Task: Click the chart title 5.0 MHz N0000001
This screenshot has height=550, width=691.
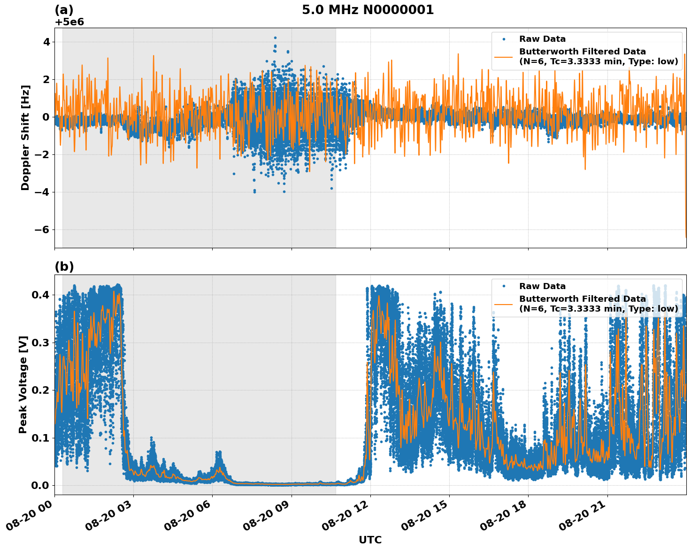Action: click(x=368, y=10)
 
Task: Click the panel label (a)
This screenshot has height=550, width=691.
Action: click(x=64, y=10)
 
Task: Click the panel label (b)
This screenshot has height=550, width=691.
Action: click(x=64, y=267)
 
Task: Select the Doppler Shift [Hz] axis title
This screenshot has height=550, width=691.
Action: click(x=25, y=137)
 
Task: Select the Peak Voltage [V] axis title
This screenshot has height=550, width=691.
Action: click(x=23, y=384)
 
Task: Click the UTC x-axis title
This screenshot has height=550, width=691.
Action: click(x=370, y=540)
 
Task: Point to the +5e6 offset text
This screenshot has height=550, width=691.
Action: click(x=69, y=22)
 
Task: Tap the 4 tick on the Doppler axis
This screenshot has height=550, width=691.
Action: click(x=46, y=42)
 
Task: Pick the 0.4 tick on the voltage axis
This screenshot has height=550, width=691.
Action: click(x=40, y=295)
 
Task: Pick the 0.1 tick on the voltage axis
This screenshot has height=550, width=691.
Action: click(x=40, y=438)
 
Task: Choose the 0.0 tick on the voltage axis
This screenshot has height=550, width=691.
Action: click(x=40, y=485)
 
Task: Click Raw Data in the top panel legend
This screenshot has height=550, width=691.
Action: click(x=542, y=39)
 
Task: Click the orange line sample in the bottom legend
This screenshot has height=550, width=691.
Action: click(x=503, y=304)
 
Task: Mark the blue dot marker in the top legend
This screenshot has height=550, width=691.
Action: click(x=503, y=39)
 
